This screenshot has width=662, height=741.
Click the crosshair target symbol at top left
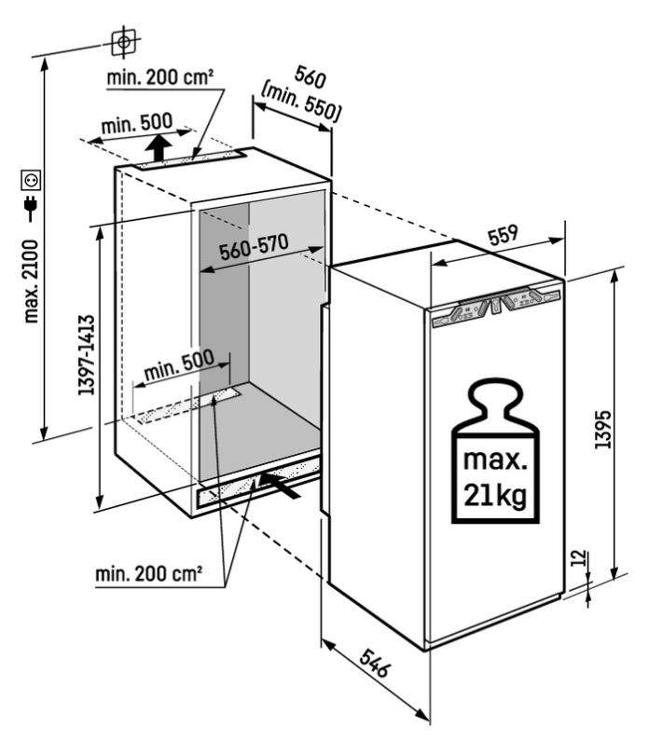[x=124, y=42]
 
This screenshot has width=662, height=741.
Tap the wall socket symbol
[x=31, y=180]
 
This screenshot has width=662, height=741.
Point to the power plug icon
[x=31, y=207]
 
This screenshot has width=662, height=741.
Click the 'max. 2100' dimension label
[x=31, y=281]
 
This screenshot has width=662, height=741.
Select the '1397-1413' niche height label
[x=87, y=354]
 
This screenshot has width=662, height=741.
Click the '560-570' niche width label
[x=254, y=247]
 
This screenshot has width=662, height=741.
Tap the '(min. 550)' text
[x=301, y=103]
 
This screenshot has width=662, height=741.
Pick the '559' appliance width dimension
[x=503, y=235]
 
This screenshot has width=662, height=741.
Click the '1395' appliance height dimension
[x=603, y=429]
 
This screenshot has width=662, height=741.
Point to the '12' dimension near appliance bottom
[x=580, y=557]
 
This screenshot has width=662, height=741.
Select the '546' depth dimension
[x=375, y=663]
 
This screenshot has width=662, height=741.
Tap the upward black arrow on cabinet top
[x=158, y=147]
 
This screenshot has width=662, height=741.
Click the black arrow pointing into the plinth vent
[x=281, y=485]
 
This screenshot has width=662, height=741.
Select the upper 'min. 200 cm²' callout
[x=159, y=77]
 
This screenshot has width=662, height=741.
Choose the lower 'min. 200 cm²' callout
[x=149, y=574]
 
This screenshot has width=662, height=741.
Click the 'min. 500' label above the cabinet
[x=137, y=124]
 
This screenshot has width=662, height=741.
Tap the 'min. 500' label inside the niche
[x=179, y=365]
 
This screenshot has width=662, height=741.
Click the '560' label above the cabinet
[x=310, y=76]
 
